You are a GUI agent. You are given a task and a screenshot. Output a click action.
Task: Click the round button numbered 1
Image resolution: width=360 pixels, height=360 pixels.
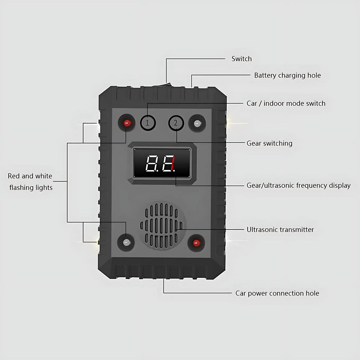(148, 123)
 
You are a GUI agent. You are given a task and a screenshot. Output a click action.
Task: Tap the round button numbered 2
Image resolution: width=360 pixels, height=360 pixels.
(176, 123)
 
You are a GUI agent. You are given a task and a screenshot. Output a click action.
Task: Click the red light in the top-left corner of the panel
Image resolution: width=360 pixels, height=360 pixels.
(127, 123)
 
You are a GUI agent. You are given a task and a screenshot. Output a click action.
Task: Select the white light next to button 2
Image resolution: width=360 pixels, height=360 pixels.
(197, 123)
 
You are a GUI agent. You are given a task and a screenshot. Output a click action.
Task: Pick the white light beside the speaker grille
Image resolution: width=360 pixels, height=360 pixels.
(126, 242)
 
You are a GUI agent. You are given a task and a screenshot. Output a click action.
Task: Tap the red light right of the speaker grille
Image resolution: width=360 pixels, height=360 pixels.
(196, 243)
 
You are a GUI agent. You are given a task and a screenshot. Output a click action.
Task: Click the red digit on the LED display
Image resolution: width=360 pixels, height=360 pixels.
(173, 163)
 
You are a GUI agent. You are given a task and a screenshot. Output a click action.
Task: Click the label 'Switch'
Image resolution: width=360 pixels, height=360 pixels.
(241, 59)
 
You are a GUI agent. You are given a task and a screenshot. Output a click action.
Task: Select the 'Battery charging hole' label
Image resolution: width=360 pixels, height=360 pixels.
(287, 75)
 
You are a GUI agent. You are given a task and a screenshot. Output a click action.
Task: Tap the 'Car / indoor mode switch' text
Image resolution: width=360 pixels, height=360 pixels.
(286, 103)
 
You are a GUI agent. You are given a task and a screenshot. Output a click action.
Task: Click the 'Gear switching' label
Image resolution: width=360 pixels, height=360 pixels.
(269, 143)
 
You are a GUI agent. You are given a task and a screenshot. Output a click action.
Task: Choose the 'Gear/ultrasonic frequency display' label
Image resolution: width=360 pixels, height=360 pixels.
(298, 185)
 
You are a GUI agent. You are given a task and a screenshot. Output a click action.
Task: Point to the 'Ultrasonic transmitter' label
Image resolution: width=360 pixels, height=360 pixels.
(280, 229)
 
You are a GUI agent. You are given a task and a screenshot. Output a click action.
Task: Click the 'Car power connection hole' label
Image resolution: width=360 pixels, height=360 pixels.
(277, 293)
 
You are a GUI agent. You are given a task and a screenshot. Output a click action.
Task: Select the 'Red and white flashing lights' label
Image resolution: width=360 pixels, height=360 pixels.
(30, 182)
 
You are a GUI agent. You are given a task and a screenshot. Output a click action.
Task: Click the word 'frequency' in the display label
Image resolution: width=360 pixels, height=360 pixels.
(312, 185)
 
